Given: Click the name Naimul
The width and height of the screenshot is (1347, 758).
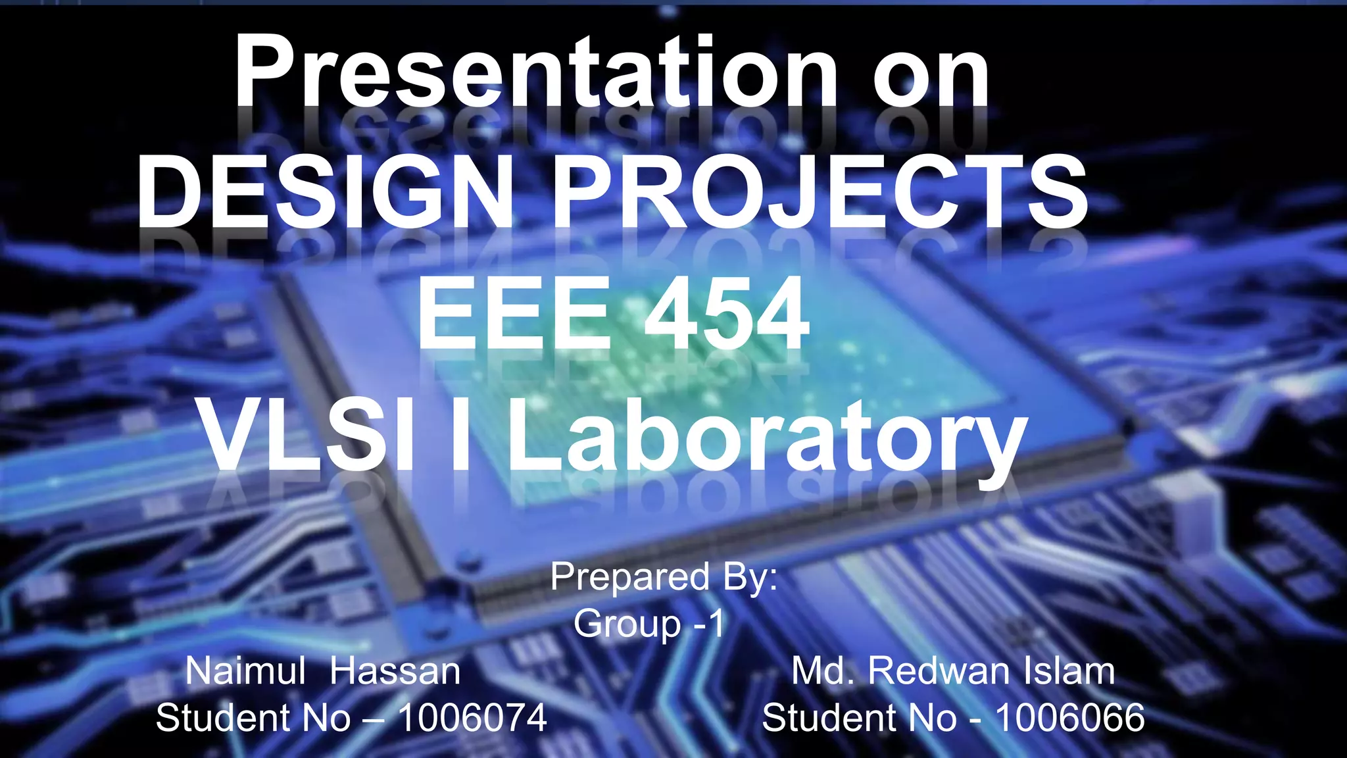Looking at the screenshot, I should pos(245,671).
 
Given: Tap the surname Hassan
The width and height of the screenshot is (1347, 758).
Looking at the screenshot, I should pos(395,671).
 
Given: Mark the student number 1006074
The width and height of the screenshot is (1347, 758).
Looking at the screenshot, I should pos(472,717).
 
